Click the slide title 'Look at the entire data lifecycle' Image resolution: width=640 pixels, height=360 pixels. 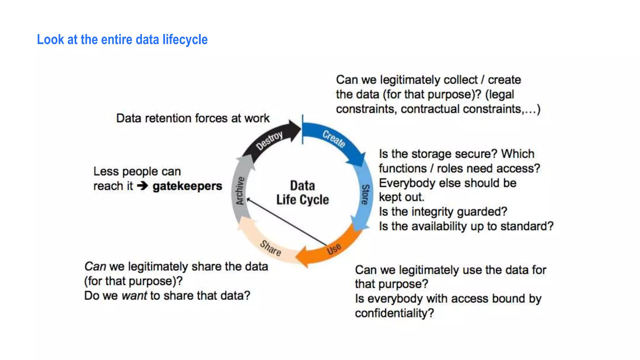tap(122, 40)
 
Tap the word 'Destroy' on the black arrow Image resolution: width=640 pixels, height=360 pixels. tap(269, 140)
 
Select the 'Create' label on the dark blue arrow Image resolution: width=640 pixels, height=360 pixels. tap(334, 138)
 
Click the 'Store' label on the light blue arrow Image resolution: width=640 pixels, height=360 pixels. tap(365, 194)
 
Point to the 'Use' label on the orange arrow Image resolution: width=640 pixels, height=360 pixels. tap(334, 249)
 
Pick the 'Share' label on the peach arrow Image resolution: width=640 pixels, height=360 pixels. tap(271, 248)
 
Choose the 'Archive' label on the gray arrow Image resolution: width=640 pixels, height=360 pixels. tap(240, 191)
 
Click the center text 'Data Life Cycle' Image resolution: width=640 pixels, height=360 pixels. tap(302, 192)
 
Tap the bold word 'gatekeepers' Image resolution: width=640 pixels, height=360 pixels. tap(187, 186)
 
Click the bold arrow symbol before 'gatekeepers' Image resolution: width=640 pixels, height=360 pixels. tap(142, 186)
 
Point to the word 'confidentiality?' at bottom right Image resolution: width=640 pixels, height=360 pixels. tap(394, 313)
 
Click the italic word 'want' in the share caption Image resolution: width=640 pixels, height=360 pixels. tap(134, 296)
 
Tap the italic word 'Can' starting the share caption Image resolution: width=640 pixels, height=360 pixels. tap(95, 267)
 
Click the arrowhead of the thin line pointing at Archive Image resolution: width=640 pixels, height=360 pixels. tap(248, 199)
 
